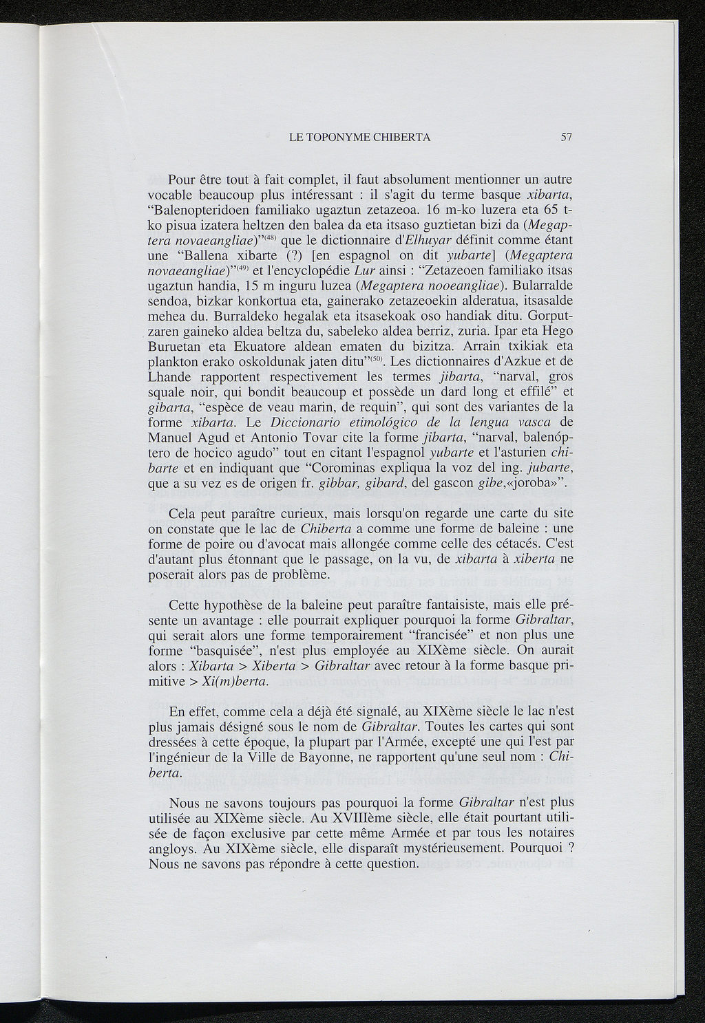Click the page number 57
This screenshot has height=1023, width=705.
coord(567,137)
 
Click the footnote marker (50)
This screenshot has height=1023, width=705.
coord(377,358)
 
